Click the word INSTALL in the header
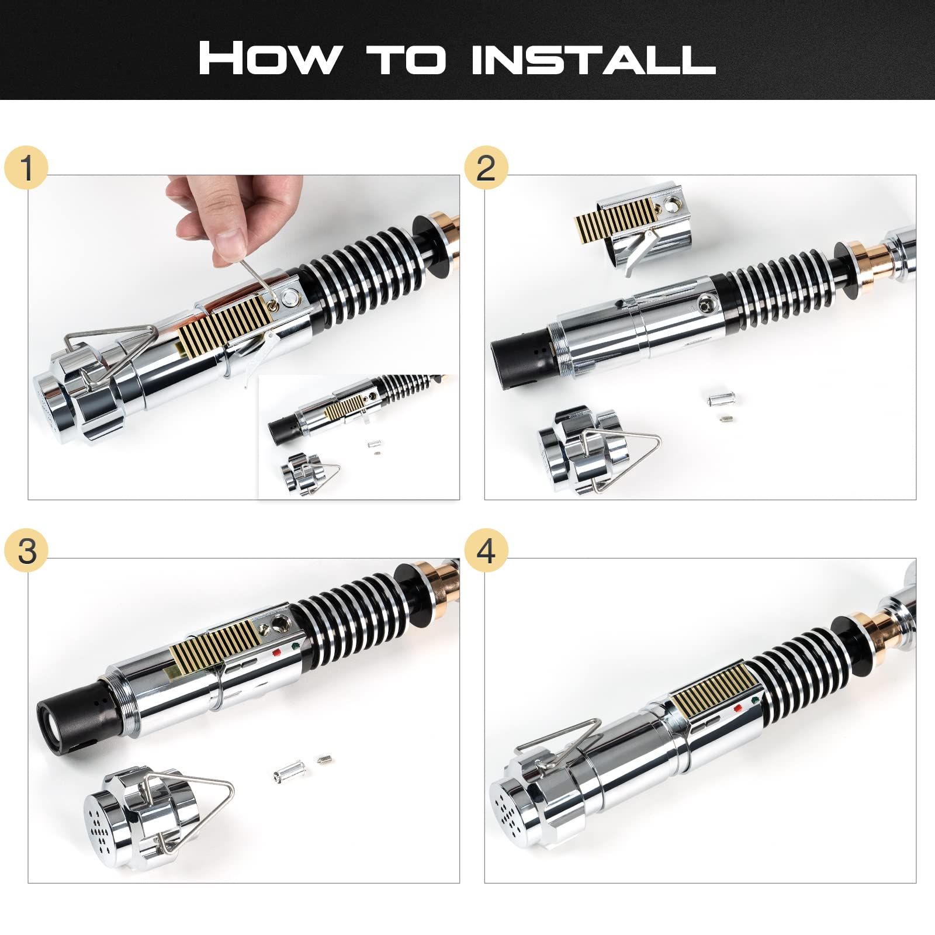point(594,58)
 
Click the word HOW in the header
point(269,58)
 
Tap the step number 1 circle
point(26,168)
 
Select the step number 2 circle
point(486,168)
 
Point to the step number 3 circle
point(26,550)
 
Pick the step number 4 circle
point(486,550)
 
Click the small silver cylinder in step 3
point(289,773)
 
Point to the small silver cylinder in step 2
point(721,400)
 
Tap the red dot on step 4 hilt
point(738,708)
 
